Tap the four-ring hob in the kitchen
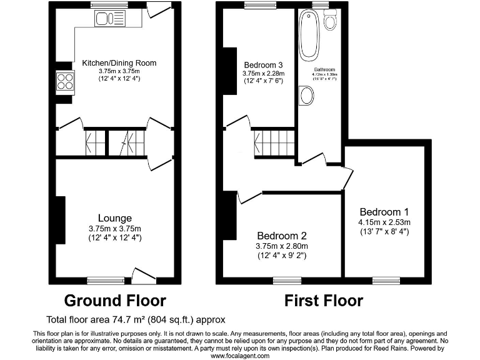64,81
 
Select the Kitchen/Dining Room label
119,63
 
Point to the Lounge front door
144,274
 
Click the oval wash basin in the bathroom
307,96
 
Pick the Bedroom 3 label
263,64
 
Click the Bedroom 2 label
282,236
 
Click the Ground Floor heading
115,301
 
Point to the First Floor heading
323,301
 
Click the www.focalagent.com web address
240,355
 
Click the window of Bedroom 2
287,279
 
